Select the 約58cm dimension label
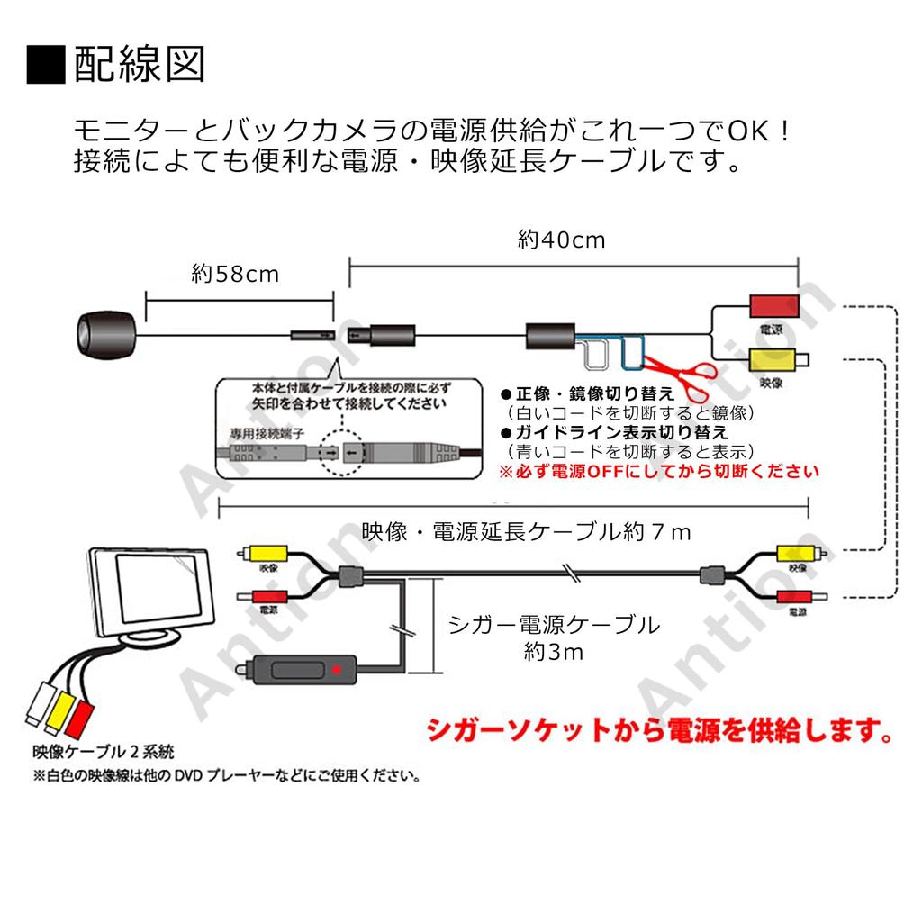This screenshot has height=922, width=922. tap(236, 274)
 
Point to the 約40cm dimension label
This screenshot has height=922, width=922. tap(561, 240)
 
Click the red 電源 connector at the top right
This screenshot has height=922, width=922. tap(773, 305)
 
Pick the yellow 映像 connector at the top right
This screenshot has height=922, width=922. tap(772, 362)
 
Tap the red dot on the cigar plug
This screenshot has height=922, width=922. tap(337, 669)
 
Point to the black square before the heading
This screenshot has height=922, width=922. tap(46, 65)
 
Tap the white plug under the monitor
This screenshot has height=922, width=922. tap(41, 703)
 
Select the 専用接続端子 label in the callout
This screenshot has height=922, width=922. tap(266, 434)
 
